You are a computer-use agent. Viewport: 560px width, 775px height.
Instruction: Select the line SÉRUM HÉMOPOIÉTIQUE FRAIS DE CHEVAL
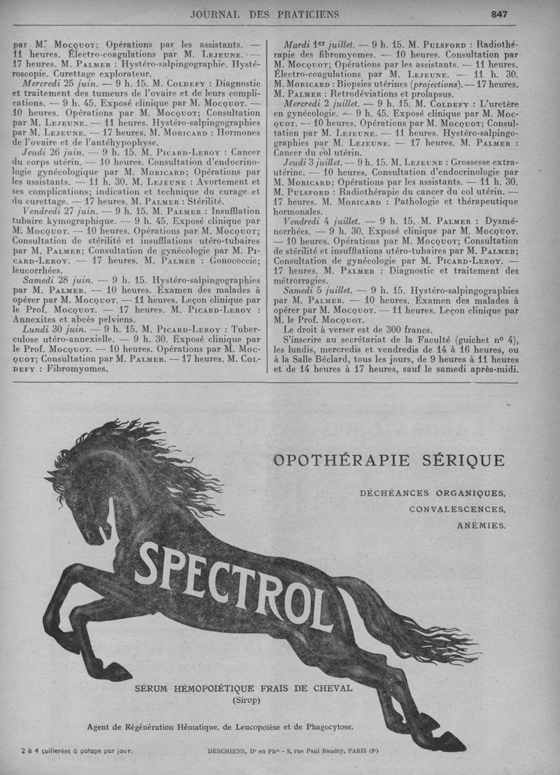coord(243,687)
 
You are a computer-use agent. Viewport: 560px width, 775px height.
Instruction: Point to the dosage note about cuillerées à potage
coord(76,752)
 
